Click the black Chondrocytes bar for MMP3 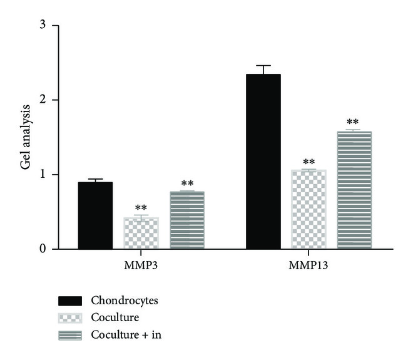95,215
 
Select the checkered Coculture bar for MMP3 141,233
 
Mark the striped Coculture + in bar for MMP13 354,190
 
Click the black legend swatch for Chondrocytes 69,301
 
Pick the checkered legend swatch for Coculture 69,318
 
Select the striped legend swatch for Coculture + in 69,336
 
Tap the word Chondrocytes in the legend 125,301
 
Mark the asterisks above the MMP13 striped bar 353,123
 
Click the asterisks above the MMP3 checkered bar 141,208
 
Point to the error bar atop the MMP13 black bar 263,69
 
